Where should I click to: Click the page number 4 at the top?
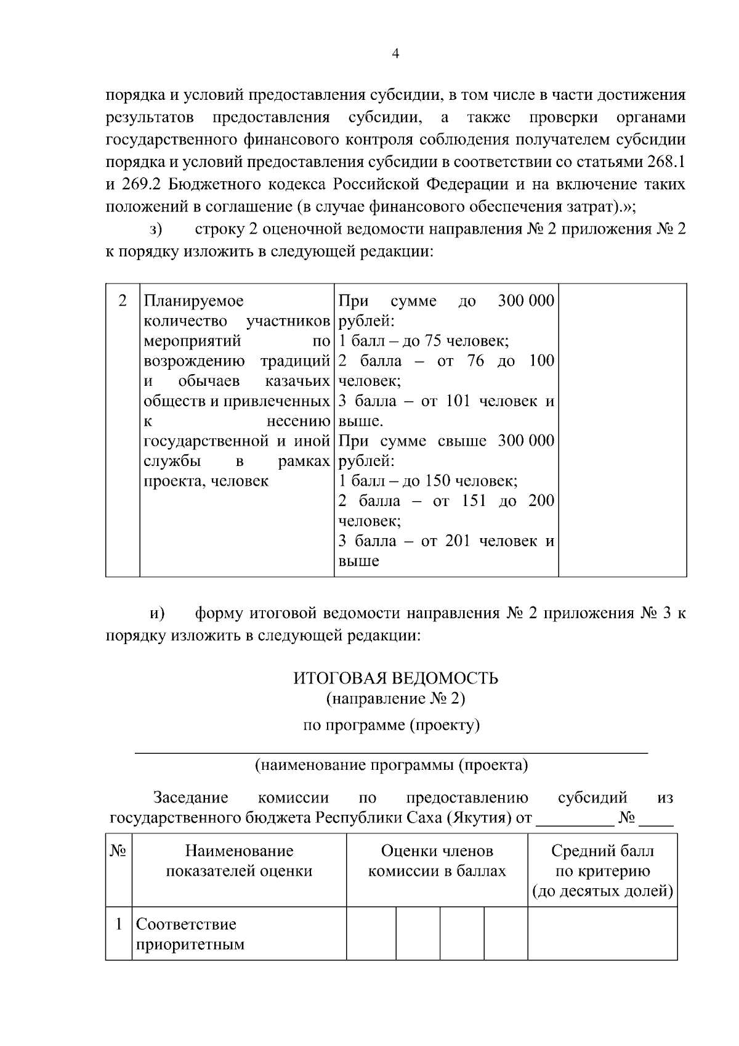pyautogui.click(x=395, y=54)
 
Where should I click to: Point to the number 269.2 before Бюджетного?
pyautogui.click(x=141, y=184)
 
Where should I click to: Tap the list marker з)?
pyautogui.click(x=156, y=229)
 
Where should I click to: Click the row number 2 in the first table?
pyautogui.click(x=123, y=301)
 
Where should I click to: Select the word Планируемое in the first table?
pyautogui.click(x=193, y=301)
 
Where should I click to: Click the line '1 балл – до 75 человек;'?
pyautogui.click(x=423, y=341)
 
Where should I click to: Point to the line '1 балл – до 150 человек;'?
pyautogui.click(x=428, y=481)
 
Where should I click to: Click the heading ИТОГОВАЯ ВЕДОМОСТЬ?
pyautogui.click(x=395, y=679)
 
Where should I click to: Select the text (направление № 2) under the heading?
pyautogui.click(x=395, y=698)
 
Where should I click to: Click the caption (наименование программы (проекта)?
pyautogui.click(x=392, y=766)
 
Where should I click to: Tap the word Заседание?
pyautogui.click(x=191, y=798)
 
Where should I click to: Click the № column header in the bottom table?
pyautogui.click(x=118, y=851)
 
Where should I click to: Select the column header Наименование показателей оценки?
pyautogui.click(x=239, y=861)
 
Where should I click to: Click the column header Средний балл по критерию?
pyautogui.click(x=602, y=861)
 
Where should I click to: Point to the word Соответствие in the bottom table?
pyautogui.click(x=186, y=924)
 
